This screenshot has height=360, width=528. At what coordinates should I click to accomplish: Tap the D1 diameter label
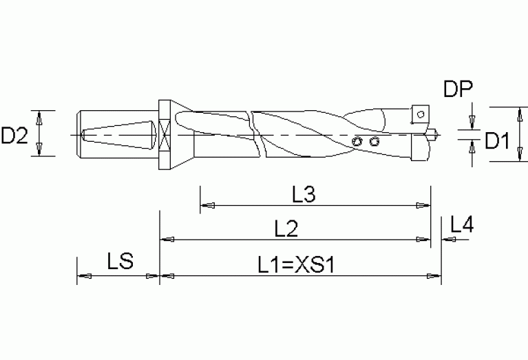click(x=496, y=141)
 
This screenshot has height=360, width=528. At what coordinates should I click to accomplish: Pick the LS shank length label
click(x=120, y=262)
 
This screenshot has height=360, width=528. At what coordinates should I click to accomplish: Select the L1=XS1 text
click(x=295, y=264)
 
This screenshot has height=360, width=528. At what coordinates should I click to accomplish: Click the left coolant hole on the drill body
click(x=357, y=141)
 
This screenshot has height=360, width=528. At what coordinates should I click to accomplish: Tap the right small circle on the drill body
click(x=374, y=141)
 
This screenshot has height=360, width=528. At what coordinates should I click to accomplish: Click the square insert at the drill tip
click(x=419, y=113)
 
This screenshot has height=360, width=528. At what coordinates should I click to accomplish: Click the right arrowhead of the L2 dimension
click(x=423, y=240)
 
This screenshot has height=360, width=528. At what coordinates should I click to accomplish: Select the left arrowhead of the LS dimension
click(x=85, y=276)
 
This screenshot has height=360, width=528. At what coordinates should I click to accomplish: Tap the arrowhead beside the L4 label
click(x=448, y=240)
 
